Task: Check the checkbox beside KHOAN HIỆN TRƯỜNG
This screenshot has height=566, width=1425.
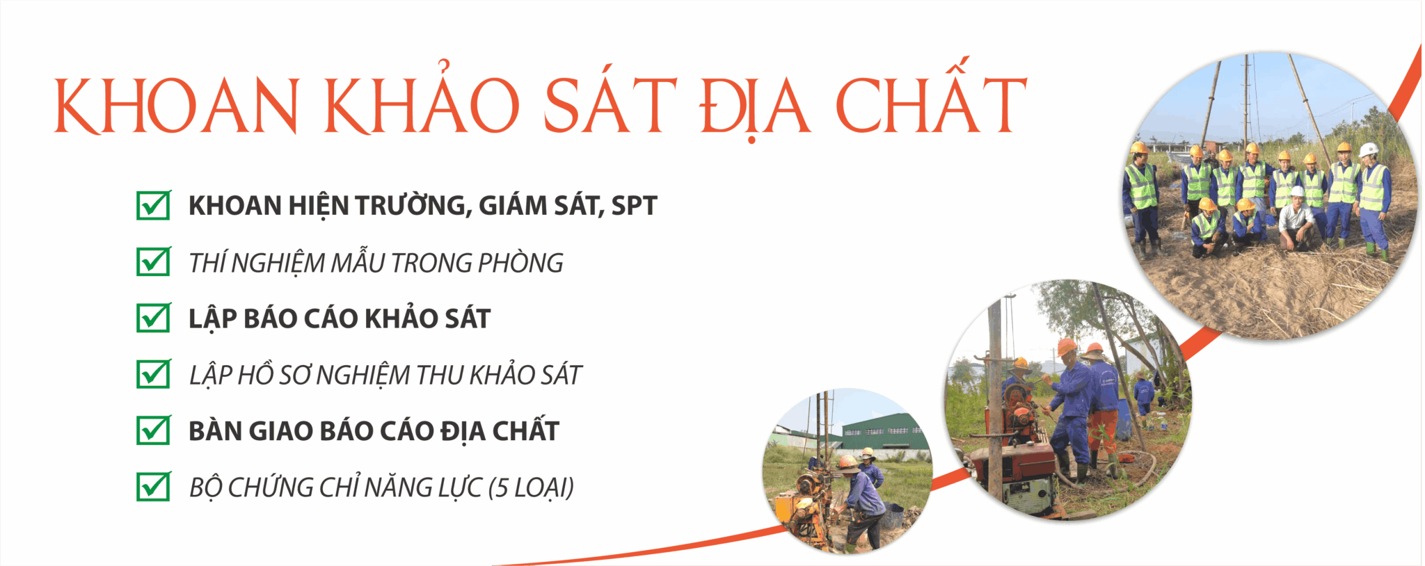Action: point(154,205)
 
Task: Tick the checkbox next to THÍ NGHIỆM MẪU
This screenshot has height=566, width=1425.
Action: point(154,261)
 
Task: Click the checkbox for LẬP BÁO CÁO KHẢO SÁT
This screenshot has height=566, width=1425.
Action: point(154,318)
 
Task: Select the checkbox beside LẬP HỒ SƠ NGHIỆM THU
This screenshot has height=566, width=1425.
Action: point(154,374)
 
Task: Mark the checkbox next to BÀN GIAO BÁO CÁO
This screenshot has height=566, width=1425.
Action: point(154,430)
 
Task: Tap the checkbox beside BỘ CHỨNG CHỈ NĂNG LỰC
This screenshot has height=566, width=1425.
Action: point(154,487)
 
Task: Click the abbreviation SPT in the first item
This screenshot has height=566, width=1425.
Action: point(634,206)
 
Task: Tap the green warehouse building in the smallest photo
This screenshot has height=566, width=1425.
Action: point(884,431)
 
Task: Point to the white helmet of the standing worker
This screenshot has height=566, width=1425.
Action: point(1369,149)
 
